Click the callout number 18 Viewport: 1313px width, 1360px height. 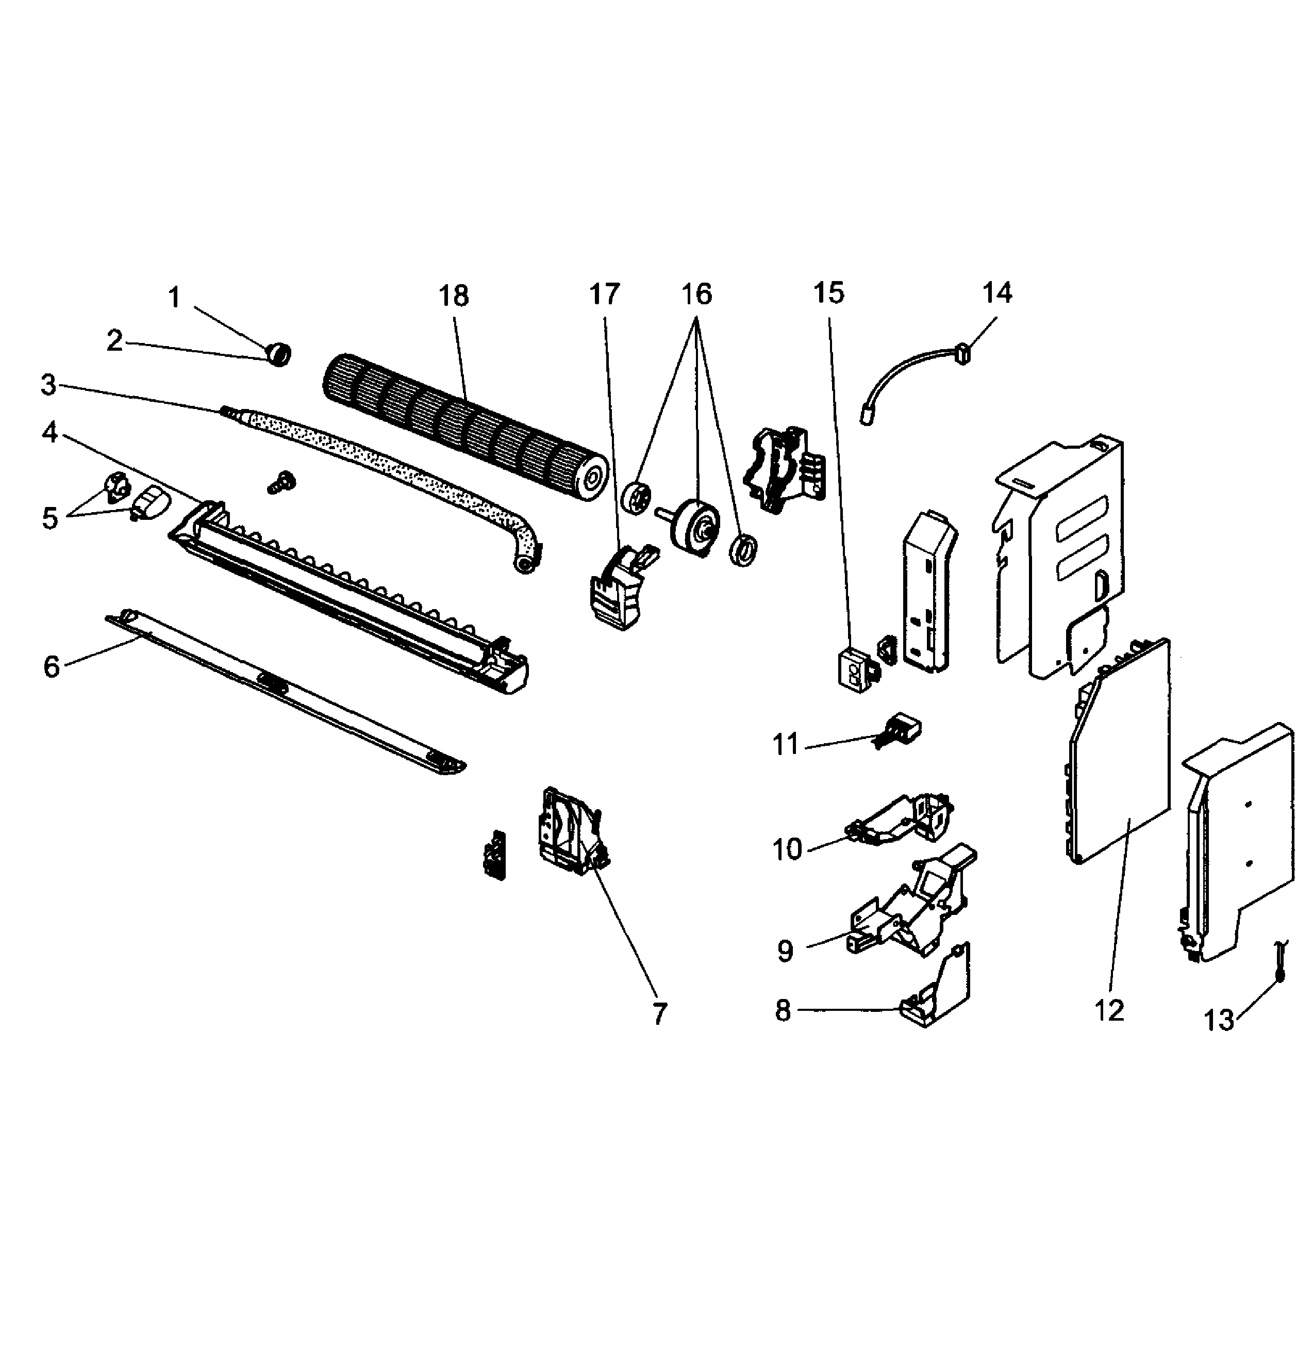454,296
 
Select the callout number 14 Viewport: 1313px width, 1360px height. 996,293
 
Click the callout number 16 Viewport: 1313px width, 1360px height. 696,294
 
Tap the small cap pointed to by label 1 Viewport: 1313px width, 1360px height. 279,353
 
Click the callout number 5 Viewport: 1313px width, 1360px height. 50,518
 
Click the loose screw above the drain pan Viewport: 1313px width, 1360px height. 281,482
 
